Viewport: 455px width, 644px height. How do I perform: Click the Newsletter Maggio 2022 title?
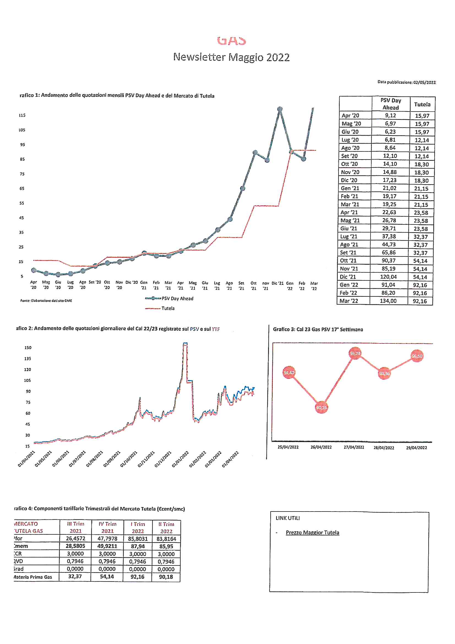231,57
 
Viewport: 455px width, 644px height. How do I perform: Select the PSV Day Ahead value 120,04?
388,277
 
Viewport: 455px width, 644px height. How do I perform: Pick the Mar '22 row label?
349,301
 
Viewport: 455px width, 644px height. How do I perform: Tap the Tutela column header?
422,104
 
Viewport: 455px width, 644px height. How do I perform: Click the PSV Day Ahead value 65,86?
389,252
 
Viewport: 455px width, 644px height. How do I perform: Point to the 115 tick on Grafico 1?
22,115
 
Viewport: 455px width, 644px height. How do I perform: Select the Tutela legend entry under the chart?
168,308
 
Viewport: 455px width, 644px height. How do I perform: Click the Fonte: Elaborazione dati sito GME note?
46,301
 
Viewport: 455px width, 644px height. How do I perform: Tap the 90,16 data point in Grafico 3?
321,408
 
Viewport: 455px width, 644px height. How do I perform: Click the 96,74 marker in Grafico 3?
355,354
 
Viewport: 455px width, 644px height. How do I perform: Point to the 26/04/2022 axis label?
321,447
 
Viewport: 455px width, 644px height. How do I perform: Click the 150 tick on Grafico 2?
28,348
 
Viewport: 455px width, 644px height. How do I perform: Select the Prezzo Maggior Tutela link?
312,533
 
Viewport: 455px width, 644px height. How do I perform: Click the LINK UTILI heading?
288,518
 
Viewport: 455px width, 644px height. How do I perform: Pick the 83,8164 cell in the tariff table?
166,539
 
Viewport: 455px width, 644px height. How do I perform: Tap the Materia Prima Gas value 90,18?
166,577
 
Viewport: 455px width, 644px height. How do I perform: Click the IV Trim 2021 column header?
107,527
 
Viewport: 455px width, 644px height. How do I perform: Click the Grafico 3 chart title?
318,329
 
